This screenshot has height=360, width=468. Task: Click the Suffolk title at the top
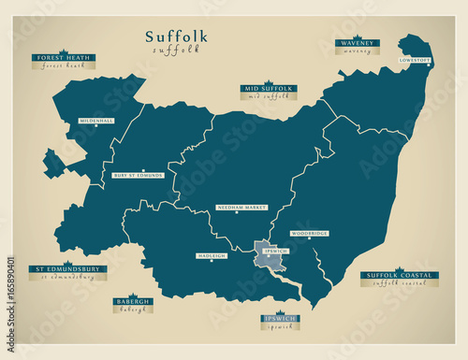(176, 36)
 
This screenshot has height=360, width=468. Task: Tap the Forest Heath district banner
(64, 57)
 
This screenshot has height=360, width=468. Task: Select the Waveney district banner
(357, 43)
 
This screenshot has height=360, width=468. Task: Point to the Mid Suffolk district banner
(269, 89)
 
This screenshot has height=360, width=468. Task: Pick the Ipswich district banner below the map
(281, 320)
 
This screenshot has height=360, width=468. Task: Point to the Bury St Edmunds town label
(139, 175)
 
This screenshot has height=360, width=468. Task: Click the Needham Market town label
(242, 208)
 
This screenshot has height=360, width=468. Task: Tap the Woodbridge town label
(309, 234)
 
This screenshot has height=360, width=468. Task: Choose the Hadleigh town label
(212, 255)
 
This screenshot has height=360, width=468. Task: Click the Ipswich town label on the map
(276, 252)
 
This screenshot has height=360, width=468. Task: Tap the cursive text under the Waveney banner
(357, 51)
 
